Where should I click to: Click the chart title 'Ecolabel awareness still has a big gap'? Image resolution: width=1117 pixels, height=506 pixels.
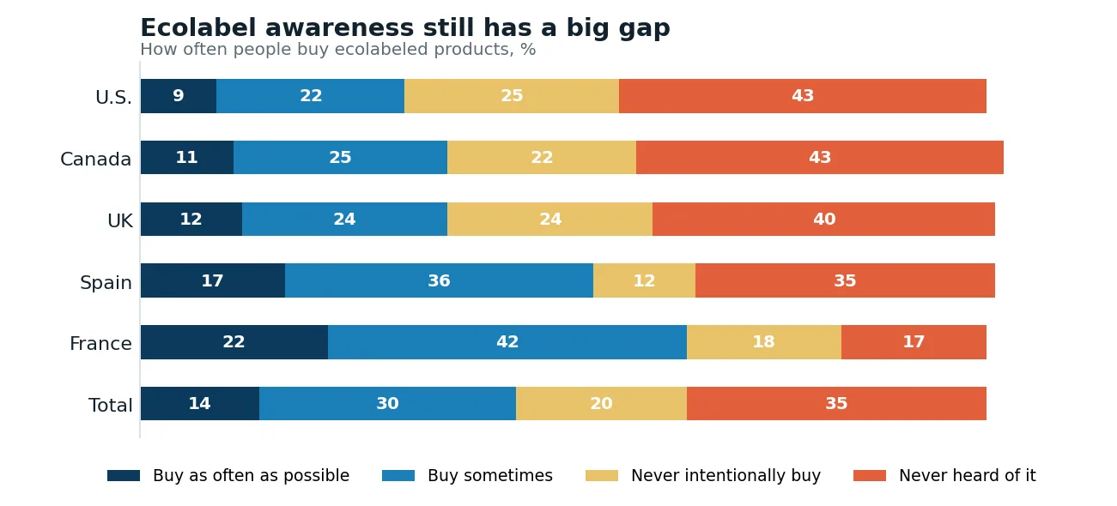(x=405, y=28)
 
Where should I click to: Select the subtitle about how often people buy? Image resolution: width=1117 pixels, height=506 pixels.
(x=337, y=49)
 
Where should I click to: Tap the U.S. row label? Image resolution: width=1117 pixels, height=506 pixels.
(x=113, y=97)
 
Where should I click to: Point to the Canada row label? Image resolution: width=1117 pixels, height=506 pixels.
(x=96, y=159)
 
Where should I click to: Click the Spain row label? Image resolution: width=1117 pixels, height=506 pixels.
(x=106, y=282)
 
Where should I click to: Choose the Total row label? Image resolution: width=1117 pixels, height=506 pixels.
(x=110, y=405)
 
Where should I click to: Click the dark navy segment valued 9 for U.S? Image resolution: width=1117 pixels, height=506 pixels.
(x=179, y=95)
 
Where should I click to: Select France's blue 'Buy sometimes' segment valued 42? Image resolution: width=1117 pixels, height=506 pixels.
(x=507, y=341)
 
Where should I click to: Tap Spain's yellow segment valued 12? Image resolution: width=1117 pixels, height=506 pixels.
(x=644, y=280)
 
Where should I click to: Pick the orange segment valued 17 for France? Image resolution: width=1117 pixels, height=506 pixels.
(x=914, y=341)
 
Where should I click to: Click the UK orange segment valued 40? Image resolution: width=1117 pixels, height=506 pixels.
(x=823, y=220)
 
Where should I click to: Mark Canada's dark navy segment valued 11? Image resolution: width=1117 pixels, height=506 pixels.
(x=187, y=158)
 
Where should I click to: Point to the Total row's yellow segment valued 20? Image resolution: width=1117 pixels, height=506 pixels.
(x=601, y=403)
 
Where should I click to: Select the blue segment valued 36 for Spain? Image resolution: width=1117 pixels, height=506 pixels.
(x=440, y=280)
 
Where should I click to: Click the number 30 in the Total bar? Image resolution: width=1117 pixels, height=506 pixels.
(x=387, y=403)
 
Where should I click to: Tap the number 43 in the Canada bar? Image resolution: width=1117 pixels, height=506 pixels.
(x=820, y=158)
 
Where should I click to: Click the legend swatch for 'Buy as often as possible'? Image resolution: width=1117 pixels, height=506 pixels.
(x=124, y=476)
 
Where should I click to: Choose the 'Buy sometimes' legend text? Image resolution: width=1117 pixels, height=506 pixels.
(x=490, y=476)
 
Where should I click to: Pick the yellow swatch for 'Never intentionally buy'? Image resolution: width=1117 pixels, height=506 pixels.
(x=602, y=476)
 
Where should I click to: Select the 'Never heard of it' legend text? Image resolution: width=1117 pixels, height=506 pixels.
(x=968, y=476)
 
